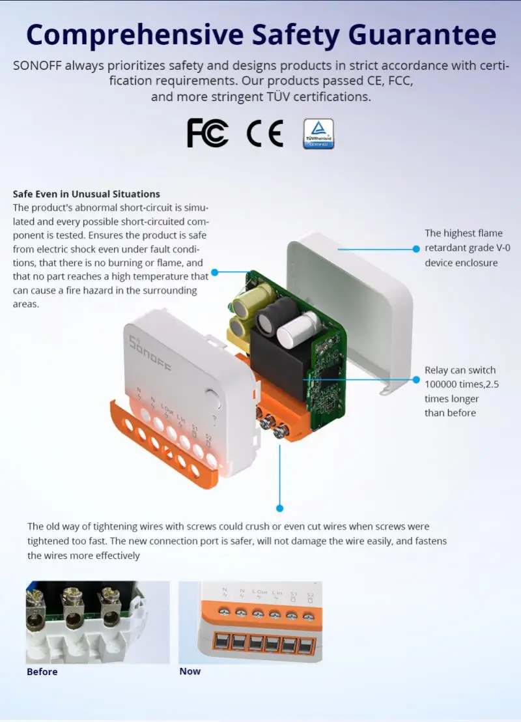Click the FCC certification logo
(208, 133)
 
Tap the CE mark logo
(264, 134)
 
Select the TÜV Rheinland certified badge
(318, 134)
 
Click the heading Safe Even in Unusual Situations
(86, 194)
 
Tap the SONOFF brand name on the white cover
(149, 354)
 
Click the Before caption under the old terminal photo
(42, 672)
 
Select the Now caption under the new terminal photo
(190, 671)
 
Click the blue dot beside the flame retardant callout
(416, 248)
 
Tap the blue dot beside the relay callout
(416, 379)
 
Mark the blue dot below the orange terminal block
(279, 508)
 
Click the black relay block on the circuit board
(274, 372)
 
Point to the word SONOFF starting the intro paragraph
(36, 66)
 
